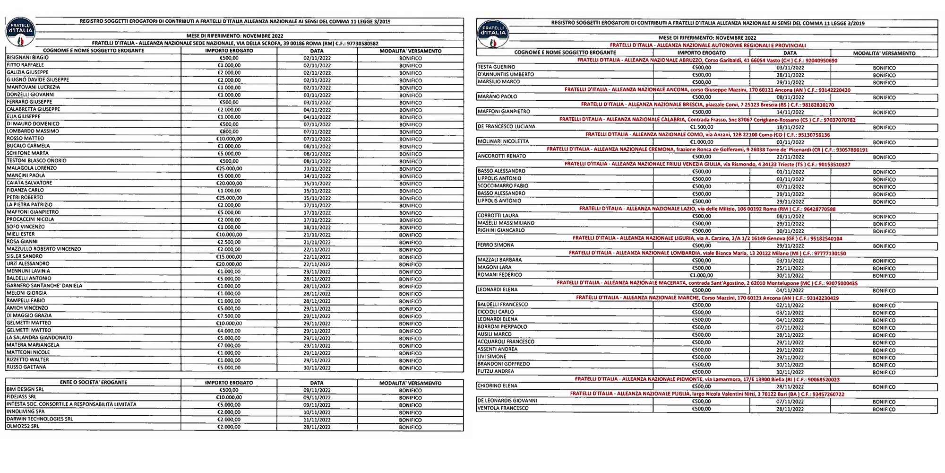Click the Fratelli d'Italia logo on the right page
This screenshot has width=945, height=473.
pyautogui.click(x=493, y=35)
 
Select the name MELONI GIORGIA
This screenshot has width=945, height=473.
pyautogui.click(x=26, y=293)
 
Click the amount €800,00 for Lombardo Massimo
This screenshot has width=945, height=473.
pyautogui.click(x=229, y=131)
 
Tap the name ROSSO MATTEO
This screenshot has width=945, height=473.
pyautogui.click(x=25, y=139)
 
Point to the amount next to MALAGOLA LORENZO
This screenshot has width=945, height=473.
pyautogui.click(x=229, y=168)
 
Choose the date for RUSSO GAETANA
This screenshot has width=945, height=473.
pyautogui.click(x=317, y=368)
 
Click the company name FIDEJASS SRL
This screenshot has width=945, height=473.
pyautogui.click(x=21, y=397)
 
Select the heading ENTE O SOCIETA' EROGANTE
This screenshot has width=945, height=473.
pyautogui.click(x=93, y=382)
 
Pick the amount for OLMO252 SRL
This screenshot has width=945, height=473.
pyautogui.click(x=229, y=427)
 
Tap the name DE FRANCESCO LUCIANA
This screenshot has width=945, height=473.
pyautogui.click(x=506, y=127)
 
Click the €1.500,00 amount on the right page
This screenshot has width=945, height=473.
pyautogui.click(x=702, y=127)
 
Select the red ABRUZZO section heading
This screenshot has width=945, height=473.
pyautogui.click(x=707, y=61)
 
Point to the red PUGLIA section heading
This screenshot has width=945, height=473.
pyautogui.click(x=707, y=394)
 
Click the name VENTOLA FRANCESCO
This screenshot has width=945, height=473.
pyautogui.click(x=503, y=408)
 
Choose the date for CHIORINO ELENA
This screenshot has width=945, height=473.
pyautogui.click(x=790, y=387)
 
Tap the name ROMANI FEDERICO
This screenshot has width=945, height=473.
pyautogui.click(x=499, y=275)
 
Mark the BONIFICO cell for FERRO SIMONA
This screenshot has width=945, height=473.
pyautogui.click(x=884, y=246)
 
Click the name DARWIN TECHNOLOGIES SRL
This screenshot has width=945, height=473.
pyautogui.click(x=40, y=419)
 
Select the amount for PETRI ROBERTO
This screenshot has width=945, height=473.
pyautogui.click(x=229, y=198)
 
